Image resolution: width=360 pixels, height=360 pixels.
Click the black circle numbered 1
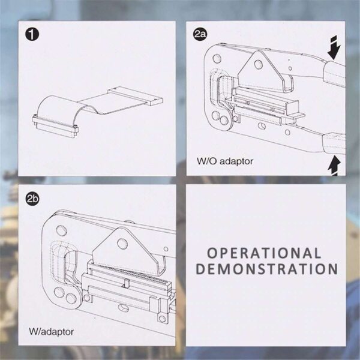click(32, 34)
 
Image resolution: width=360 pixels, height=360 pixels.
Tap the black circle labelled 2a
click(200, 34)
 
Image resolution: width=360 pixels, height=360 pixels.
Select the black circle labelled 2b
click(32, 199)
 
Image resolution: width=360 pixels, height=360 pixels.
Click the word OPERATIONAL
click(264, 253)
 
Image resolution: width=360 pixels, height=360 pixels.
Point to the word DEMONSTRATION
click(267, 269)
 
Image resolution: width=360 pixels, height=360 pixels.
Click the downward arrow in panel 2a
click(334, 47)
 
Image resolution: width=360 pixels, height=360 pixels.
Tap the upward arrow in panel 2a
click(334, 166)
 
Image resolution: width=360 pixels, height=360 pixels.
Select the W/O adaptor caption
click(225, 161)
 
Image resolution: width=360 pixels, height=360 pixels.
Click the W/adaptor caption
click(52, 332)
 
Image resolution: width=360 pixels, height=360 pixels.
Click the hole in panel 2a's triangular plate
click(259, 65)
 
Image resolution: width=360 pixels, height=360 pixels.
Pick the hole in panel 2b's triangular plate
click(122, 244)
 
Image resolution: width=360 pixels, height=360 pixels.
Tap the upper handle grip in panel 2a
click(334, 74)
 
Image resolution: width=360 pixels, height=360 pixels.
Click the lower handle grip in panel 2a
click(334, 143)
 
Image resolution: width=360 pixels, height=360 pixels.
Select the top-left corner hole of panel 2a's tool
click(217, 58)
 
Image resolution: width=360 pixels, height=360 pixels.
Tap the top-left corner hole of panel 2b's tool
click(62, 230)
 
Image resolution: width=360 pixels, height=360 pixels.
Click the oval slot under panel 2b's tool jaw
click(123, 308)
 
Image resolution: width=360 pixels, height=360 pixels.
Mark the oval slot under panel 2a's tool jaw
click(262, 125)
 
